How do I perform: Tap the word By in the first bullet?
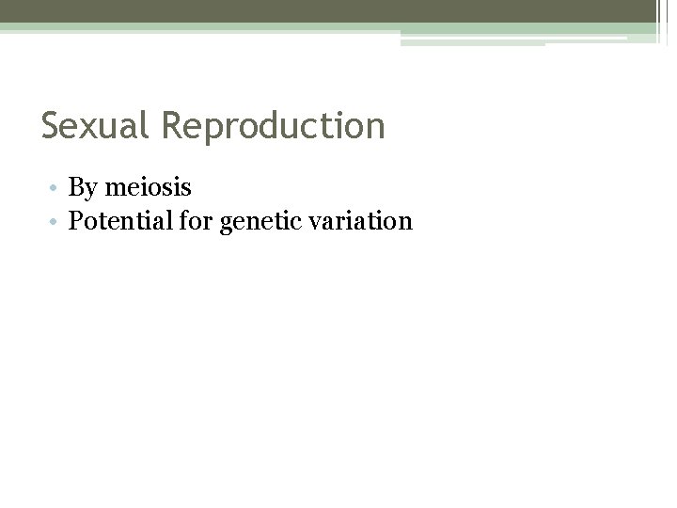(x=82, y=189)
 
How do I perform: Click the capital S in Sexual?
(x=51, y=126)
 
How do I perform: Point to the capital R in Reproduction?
(x=172, y=126)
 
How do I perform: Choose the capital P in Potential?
(x=76, y=221)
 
